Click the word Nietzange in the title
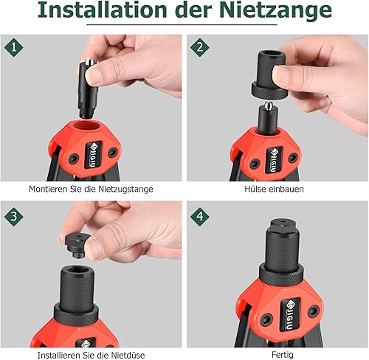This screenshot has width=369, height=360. (x=275, y=10)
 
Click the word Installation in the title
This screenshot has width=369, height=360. (x=103, y=10)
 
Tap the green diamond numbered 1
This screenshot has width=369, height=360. (x=14, y=47)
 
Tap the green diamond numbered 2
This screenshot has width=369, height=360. (x=200, y=47)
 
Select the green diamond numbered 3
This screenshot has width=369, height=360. (x=14, y=216)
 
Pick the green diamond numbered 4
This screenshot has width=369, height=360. (x=200, y=216)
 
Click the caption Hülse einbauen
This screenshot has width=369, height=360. (x=274, y=189)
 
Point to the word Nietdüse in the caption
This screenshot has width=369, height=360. (x=128, y=356)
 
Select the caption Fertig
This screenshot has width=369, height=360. (x=282, y=355)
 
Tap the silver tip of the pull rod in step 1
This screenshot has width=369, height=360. (x=89, y=62)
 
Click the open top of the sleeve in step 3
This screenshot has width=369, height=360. (x=77, y=271)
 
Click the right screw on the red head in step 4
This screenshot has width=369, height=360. (x=314, y=311)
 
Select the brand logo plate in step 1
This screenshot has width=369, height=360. (x=93, y=155)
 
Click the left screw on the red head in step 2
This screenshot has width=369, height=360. (x=255, y=164)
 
